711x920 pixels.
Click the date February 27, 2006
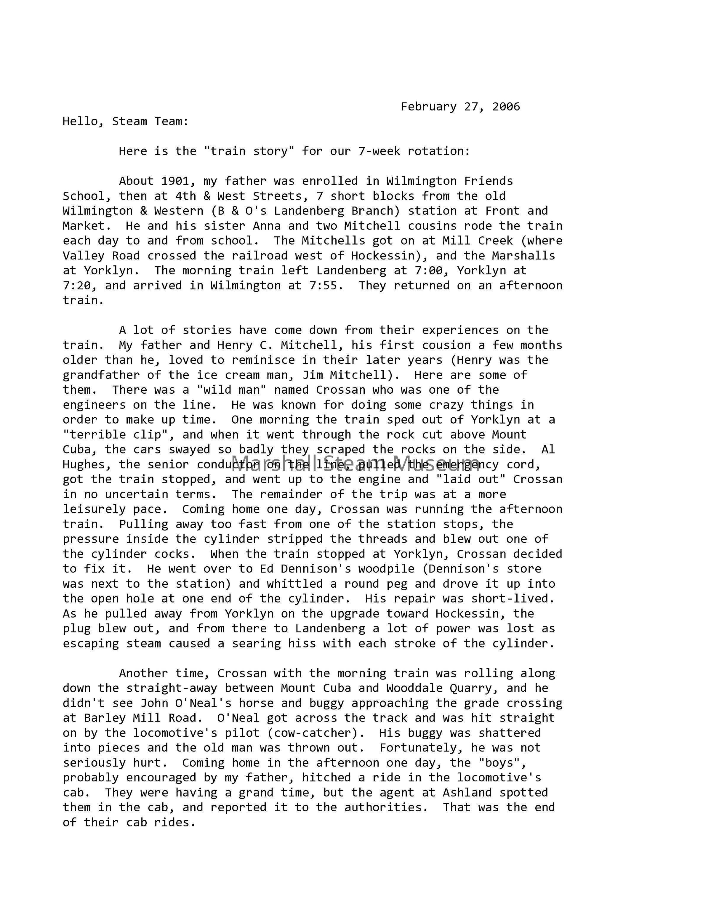coord(460,107)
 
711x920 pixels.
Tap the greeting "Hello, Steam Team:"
coord(126,121)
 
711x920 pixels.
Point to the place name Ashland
coord(467,793)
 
